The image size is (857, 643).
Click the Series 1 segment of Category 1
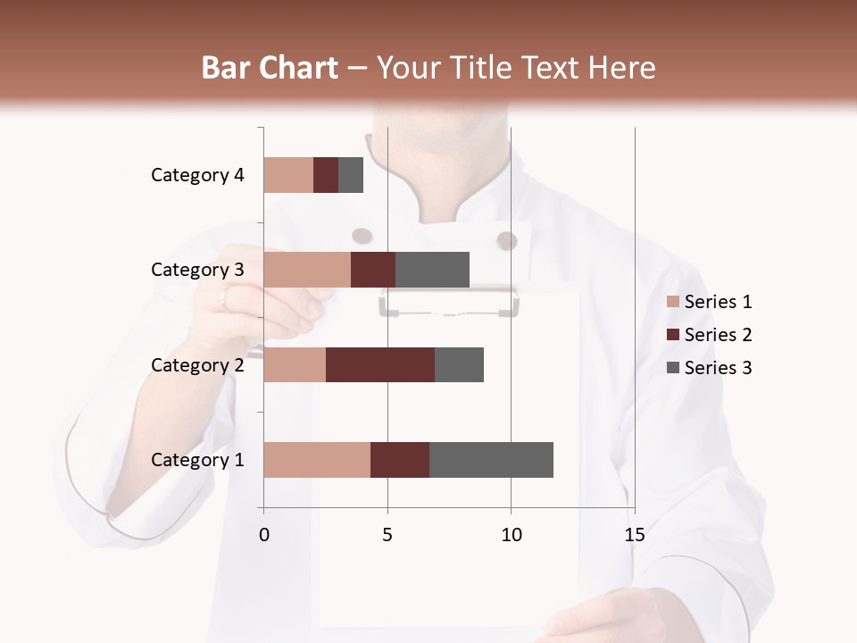click(317, 460)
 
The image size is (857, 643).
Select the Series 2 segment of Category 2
click(380, 364)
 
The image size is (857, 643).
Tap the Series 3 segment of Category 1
click(491, 460)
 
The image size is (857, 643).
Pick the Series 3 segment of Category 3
click(432, 270)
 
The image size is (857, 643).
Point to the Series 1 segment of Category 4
click(288, 175)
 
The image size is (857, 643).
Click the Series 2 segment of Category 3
click(373, 270)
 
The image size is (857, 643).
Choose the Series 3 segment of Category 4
click(351, 175)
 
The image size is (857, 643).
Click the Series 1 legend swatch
click(672, 302)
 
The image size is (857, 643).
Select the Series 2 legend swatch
click(672, 335)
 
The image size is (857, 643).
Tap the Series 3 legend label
click(718, 368)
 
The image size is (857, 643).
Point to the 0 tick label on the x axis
click(264, 535)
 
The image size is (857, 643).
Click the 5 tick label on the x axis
click(387, 535)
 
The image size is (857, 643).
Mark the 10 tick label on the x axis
click(511, 535)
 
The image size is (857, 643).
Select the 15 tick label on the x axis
click(634, 535)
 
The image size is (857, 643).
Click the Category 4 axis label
click(197, 175)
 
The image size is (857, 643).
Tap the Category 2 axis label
click(197, 364)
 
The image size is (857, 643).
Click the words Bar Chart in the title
click(270, 68)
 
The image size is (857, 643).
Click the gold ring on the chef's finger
click(224, 299)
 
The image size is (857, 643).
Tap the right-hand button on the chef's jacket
click(506, 240)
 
